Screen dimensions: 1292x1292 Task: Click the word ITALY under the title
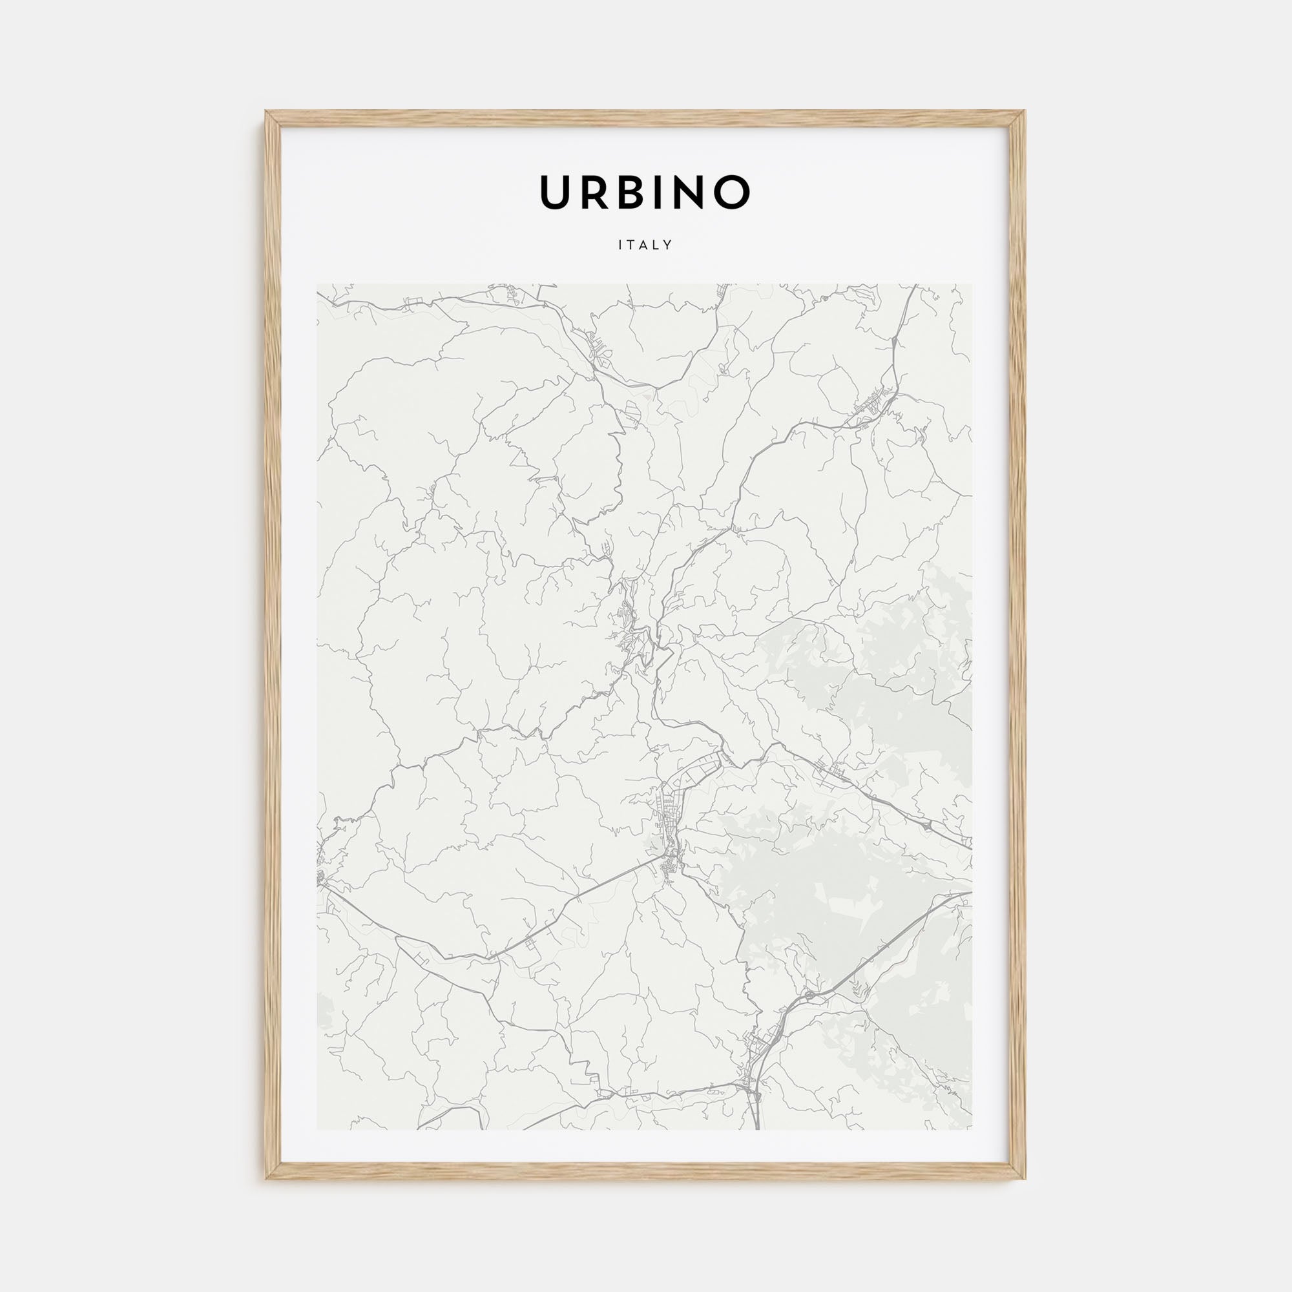click(x=645, y=245)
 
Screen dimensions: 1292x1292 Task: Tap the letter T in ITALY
click(x=632, y=245)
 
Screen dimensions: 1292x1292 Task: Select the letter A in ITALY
click(x=645, y=245)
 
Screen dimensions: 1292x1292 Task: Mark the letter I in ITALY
click(x=621, y=245)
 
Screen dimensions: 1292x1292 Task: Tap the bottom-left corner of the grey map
click(x=318, y=1129)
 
